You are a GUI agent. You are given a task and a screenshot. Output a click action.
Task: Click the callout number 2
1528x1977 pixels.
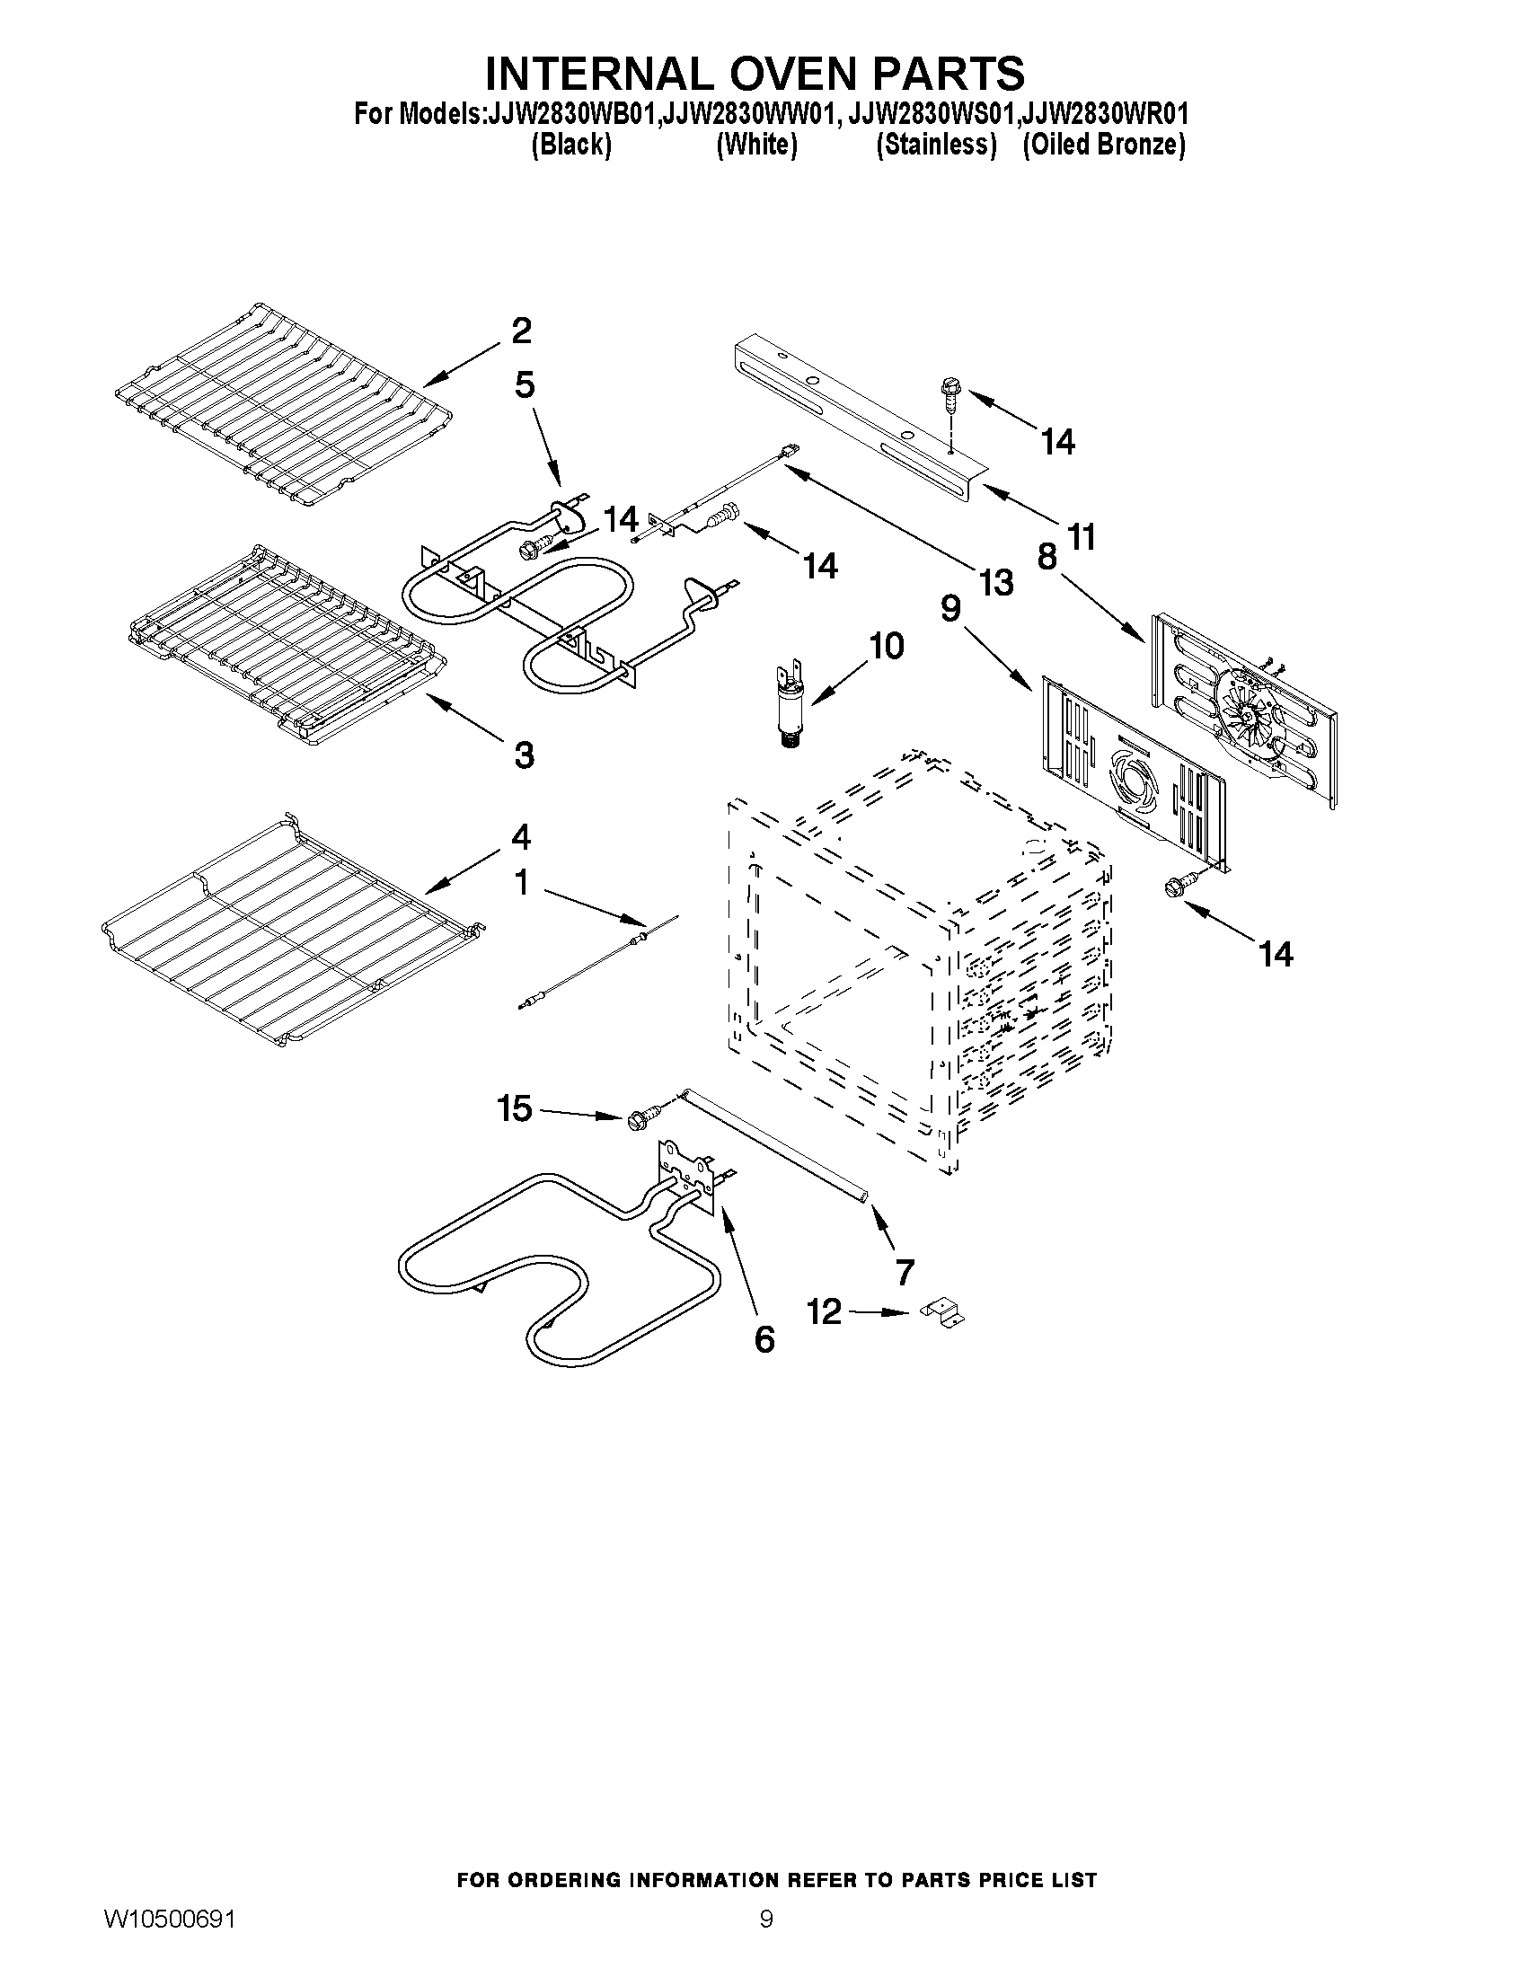point(521,331)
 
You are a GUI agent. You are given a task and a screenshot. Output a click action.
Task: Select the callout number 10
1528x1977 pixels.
point(886,646)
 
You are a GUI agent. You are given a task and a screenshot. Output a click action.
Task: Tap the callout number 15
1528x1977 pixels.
point(515,1108)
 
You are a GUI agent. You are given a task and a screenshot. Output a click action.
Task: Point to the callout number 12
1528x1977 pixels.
point(824,1311)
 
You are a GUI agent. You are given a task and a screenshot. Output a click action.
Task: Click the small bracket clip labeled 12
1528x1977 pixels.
point(941,1314)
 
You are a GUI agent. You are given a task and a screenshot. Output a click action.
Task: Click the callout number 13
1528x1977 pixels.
point(995,583)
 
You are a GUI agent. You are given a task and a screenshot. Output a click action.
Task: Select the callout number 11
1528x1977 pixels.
point(1082,537)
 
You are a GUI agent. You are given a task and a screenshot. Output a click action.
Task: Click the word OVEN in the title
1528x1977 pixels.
point(780,73)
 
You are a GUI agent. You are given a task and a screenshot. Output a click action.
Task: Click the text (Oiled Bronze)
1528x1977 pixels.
point(1103,145)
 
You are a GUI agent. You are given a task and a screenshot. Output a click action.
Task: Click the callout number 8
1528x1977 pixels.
point(1047,556)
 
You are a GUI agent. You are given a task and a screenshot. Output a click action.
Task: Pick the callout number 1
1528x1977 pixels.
point(521,882)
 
